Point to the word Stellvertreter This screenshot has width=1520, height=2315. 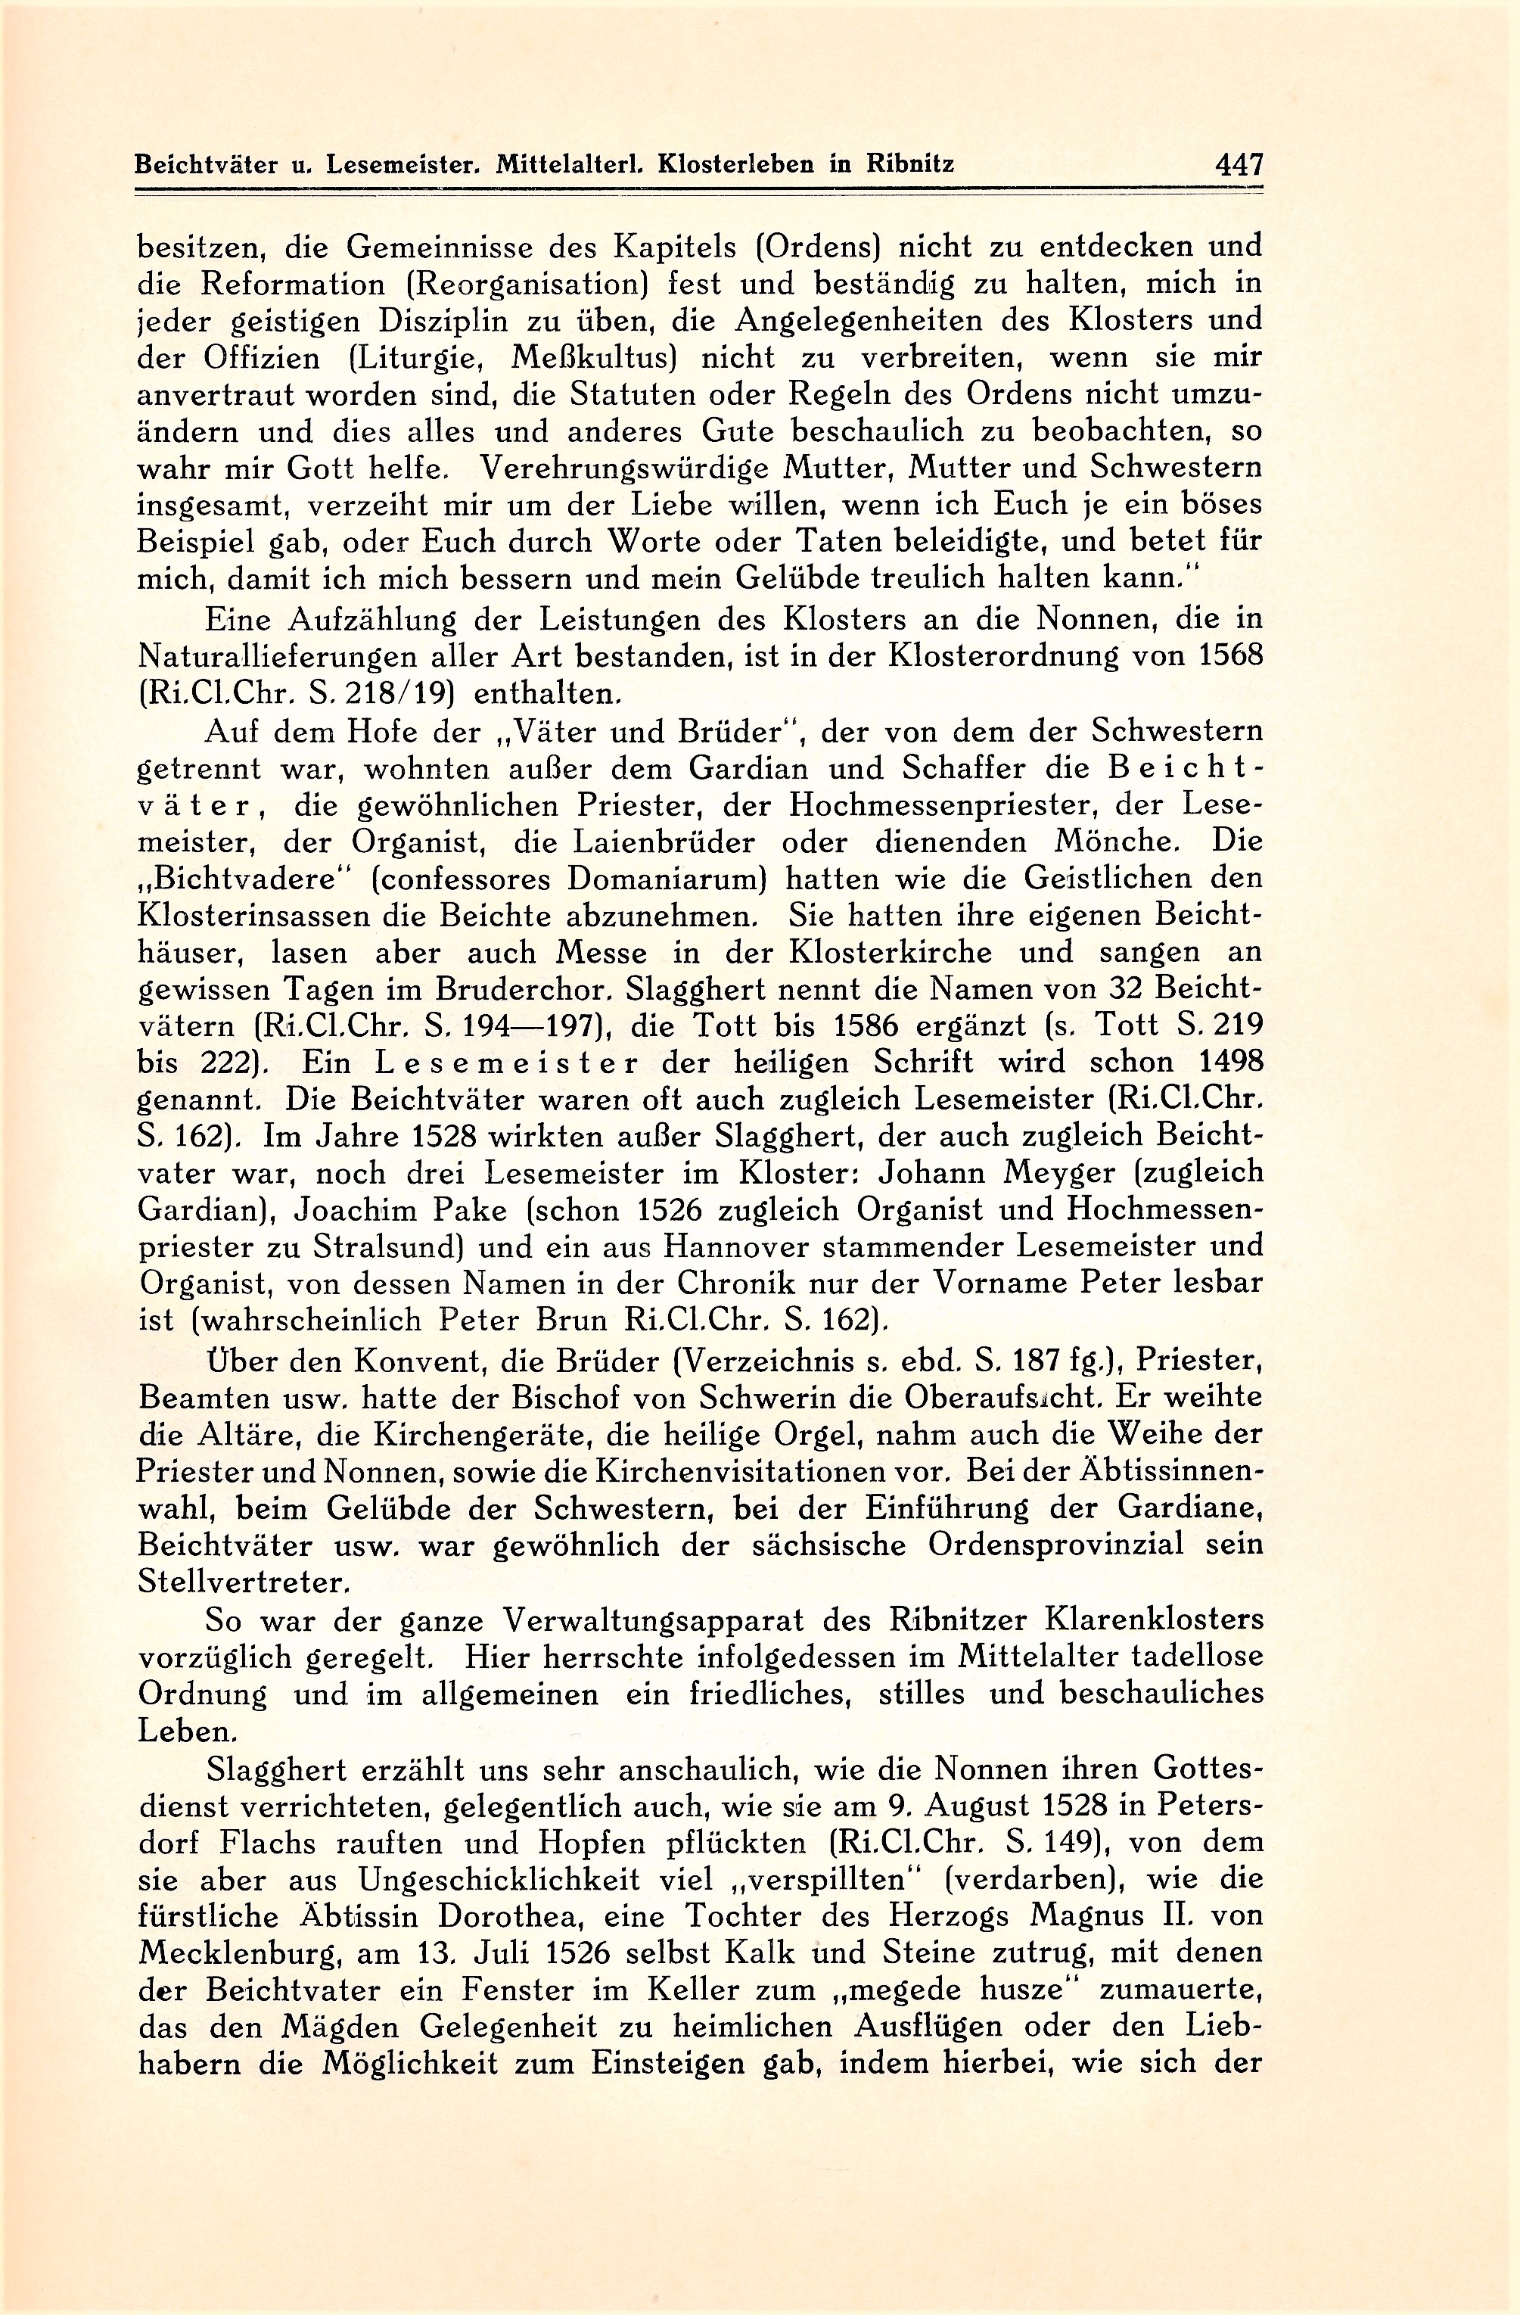coord(243,1582)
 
